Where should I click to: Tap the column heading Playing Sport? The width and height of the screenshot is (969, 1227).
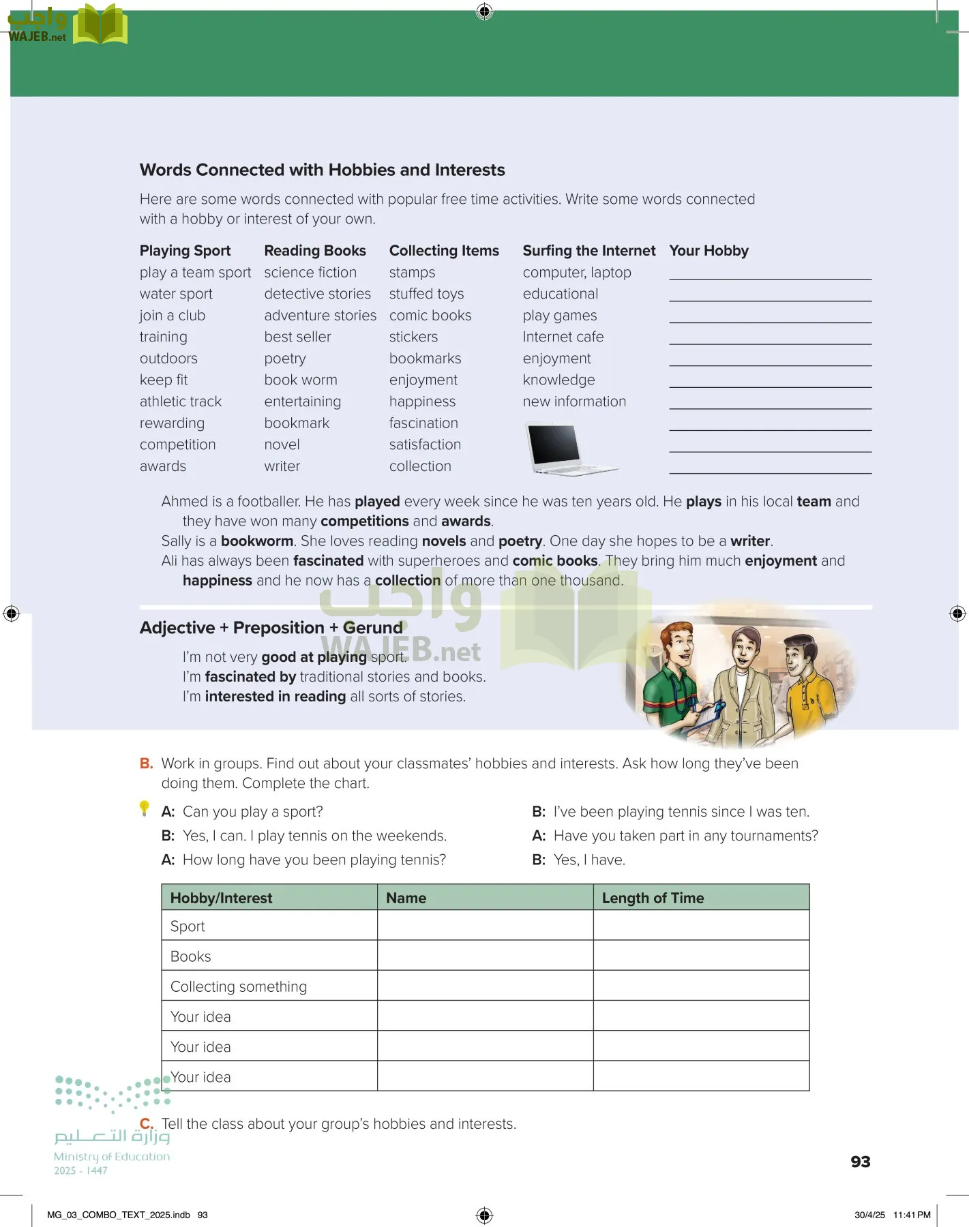tap(185, 251)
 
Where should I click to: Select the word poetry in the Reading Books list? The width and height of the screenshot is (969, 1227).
tap(285, 359)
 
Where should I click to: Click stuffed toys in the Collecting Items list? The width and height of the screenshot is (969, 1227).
tap(426, 294)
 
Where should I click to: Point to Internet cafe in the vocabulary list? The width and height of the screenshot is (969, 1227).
tap(563, 337)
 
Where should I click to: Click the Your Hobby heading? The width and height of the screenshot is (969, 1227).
tap(709, 251)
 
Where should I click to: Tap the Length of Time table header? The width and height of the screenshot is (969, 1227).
tap(652, 898)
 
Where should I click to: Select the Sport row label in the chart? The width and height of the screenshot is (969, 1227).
tap(188, 926)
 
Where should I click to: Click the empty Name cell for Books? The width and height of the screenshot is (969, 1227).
tap(485, 956)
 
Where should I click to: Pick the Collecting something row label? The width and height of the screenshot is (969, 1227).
tap(239, 986)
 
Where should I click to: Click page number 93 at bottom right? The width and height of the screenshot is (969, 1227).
tap(860, 1162)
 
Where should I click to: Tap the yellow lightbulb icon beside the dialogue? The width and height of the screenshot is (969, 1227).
tap(144, 808)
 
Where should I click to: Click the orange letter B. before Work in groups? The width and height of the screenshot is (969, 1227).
tap(146, 763)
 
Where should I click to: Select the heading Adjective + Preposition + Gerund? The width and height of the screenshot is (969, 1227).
tap(271, 628)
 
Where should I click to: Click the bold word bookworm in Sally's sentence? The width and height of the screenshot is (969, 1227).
tap(256, 541)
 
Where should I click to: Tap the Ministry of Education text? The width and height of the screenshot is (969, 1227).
tap(112, 1157)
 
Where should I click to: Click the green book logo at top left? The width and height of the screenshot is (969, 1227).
tap(100, 25)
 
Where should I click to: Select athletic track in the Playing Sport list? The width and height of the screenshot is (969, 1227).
tap(181, 402)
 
